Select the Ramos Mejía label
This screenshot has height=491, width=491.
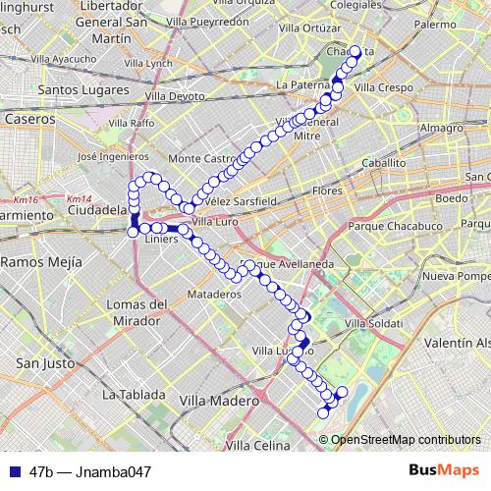point(36,262)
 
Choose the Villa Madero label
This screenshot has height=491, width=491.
point(218,401)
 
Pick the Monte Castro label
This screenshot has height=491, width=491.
point(203,158)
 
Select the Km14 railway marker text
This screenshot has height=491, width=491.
point(78,199)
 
